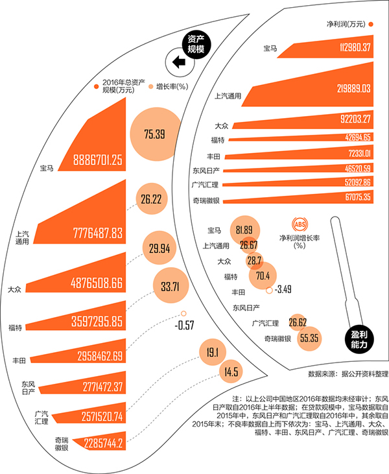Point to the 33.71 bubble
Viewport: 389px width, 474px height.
(x=170, y=285)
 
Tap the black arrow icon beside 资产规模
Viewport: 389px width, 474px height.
(x=178, y=62)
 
